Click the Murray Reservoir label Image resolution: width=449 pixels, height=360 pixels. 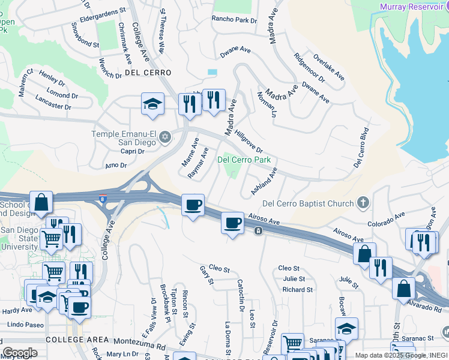(414, 7)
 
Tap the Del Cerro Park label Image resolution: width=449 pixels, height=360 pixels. (244, 160)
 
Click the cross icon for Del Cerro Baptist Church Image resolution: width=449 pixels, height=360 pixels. (363, 203)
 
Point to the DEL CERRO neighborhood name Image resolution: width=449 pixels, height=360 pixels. (148, 73)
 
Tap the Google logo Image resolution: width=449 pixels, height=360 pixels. (20, 353)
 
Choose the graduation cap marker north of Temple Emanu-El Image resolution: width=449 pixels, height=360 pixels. (152, 103)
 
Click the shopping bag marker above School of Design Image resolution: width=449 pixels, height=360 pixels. (41, 203)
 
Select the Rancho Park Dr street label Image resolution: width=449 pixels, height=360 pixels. (234, 19)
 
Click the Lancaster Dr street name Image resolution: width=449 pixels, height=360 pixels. (53, 102)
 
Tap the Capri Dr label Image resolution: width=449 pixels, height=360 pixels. (133, 151)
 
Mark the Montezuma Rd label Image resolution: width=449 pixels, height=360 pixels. (138, 346)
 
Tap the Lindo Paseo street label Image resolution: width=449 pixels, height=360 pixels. (22, 325)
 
